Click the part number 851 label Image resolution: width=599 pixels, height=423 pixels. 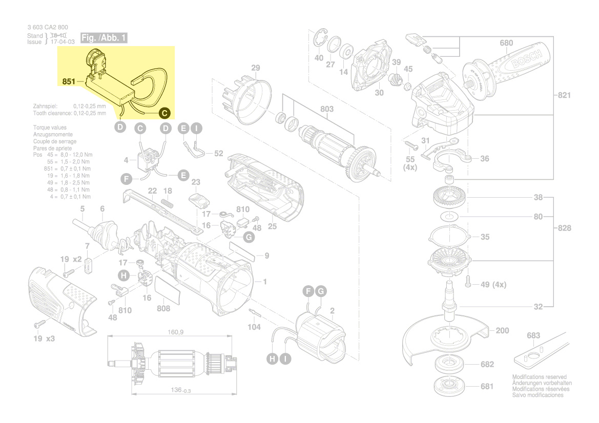click(69, 81)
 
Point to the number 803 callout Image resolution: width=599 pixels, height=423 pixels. click(326, 109)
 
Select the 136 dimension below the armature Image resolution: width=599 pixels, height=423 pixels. click(179, 391)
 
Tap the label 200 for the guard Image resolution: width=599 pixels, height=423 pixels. click(502, 331)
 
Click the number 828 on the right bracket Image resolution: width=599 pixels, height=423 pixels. click(564, 228)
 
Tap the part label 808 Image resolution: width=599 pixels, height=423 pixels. click(163, 309)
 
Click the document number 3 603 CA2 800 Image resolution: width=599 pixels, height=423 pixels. click(48, 27)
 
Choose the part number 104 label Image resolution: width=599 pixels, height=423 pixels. click(254, 327)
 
